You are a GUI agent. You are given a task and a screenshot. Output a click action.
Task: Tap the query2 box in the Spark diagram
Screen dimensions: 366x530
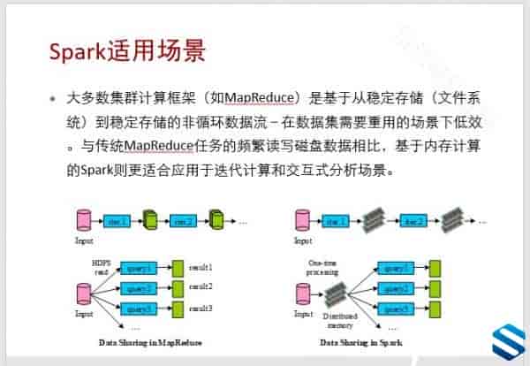coord(394,287)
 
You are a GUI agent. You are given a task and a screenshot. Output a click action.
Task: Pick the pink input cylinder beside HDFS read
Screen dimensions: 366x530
coord(84,293)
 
